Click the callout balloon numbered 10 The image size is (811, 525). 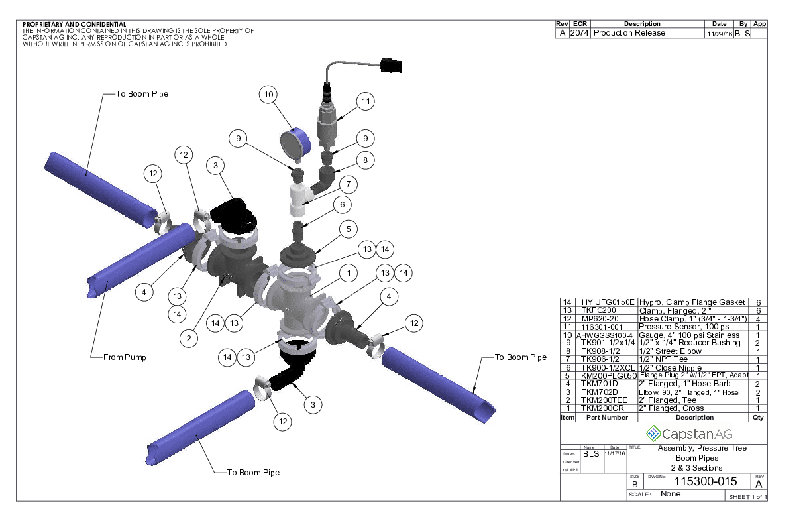click(x=268, y=95)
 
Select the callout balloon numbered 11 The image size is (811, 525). click(x=364, y=101)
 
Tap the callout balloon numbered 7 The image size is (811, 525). click(x=348, y=184)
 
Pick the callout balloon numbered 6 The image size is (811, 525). click(x=342, y=205)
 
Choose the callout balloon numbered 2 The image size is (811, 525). click(x=189, y=339)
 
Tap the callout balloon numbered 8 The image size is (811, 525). click(x=364, y=160)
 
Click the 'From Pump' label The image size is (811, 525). click(x=125, y=357)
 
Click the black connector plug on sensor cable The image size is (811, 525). click(x=392, y=65)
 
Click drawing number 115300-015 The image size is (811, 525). click(x=705, y=482)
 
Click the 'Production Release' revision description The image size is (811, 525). click(x=629, y=33)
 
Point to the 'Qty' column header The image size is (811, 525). click(x=758, y=418)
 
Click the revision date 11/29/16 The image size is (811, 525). click(x=718, y=33)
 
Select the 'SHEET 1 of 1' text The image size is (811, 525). click(x=747, y=496)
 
